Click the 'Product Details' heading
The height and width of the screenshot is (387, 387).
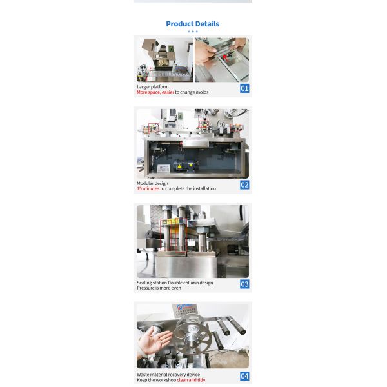[x=192, y=24]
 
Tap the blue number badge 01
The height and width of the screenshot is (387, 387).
[x=244, y=88]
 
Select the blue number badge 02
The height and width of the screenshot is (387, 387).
[x=244, y=185]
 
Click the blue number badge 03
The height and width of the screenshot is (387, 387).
[x=244, y=284]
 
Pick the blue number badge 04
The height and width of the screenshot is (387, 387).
[x=244, y=376]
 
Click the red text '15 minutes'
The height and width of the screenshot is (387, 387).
[x=148, y=189]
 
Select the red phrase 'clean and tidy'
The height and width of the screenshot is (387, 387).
[x=191, y=380]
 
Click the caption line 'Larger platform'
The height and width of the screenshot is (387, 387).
[x=153, y=86]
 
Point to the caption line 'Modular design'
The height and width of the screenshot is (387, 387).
[x=152, y=183]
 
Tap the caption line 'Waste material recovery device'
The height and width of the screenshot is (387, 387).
[x=168, y=374]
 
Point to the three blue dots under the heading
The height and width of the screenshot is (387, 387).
[x=192, y=31]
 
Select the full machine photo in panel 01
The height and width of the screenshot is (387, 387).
[x=164, y=60]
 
